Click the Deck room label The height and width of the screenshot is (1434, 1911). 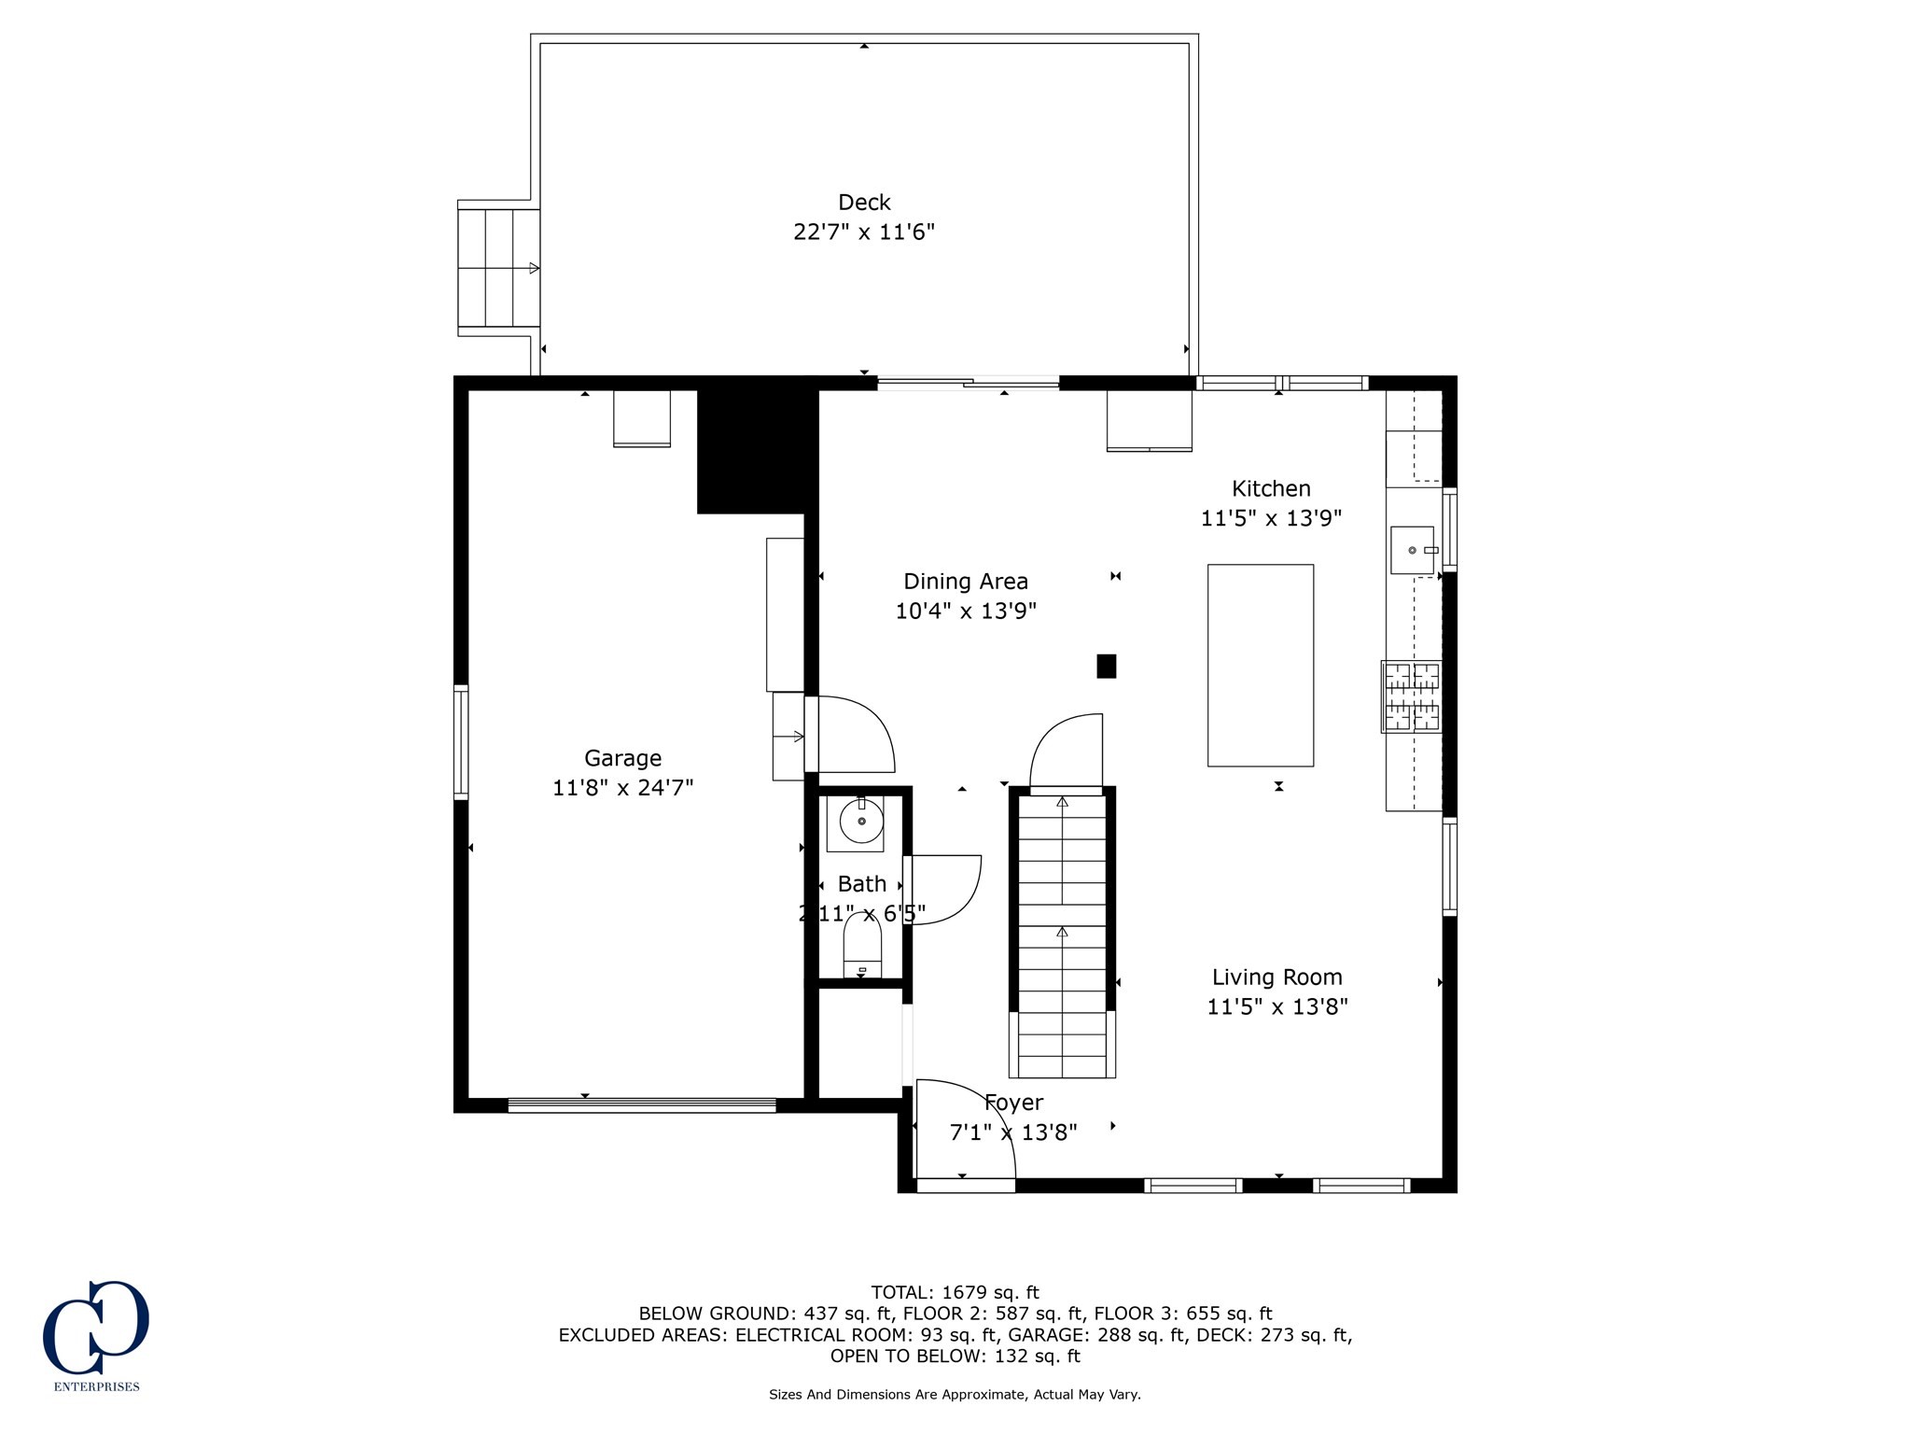[864, 202]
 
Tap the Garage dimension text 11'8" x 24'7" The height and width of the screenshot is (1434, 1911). [622, 788]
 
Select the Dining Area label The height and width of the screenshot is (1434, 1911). [966, 582]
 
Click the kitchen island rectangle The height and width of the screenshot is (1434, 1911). [1261, 666]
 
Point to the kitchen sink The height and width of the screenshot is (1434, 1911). [1412, 550]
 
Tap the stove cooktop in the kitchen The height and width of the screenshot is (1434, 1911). [1412, 696]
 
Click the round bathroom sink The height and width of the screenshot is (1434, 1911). [861, 822]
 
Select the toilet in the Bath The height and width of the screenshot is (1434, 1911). [862, 945]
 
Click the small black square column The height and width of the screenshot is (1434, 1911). [1107, 666]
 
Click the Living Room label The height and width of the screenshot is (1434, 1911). [1276, 977]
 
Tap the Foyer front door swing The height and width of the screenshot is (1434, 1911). [966, 1129]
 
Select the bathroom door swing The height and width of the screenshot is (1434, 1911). [942, 890]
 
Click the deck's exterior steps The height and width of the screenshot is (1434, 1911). [498, 268]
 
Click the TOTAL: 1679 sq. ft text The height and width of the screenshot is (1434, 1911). [955, 1293]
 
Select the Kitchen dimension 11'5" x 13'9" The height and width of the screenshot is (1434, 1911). [1271, 518]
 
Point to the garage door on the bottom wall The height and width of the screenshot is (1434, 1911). [642, 1105]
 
